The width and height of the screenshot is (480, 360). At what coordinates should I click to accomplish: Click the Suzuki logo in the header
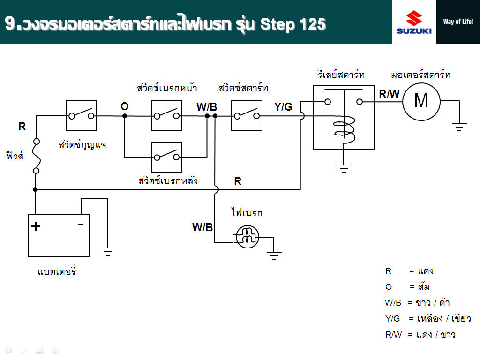tap(414, 22)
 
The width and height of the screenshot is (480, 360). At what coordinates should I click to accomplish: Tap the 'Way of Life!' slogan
tap(458, 22)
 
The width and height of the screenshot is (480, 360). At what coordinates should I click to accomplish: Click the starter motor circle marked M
tap(421, 100)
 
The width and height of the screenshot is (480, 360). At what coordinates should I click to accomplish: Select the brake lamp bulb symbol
tap(247, 237)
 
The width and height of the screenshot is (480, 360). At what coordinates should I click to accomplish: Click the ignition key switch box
tap(81, 116)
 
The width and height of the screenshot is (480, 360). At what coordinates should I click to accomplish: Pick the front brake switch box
tap(166, 116)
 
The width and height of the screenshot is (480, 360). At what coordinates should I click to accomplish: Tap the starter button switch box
tap(247, 116)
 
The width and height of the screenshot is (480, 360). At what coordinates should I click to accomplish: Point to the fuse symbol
tap(36, 156)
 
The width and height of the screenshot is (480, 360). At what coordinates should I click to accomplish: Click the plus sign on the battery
tap(36, 227)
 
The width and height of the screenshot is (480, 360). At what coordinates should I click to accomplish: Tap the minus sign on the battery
tap(81, 225)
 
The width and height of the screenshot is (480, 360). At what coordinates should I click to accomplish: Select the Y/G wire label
tap(283, 107)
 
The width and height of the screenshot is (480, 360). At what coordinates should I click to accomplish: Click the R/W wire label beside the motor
tap(389, 94)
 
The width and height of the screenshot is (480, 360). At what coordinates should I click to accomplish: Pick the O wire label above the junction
tap(124, 106)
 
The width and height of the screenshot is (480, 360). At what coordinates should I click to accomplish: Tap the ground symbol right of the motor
tap(459, 126)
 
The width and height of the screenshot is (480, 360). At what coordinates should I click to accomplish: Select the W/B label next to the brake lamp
tap(202, 228)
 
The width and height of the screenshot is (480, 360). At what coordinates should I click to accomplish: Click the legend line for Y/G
tap(427, 319)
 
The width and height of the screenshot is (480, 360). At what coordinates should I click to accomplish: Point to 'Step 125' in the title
tap(292, 23)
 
